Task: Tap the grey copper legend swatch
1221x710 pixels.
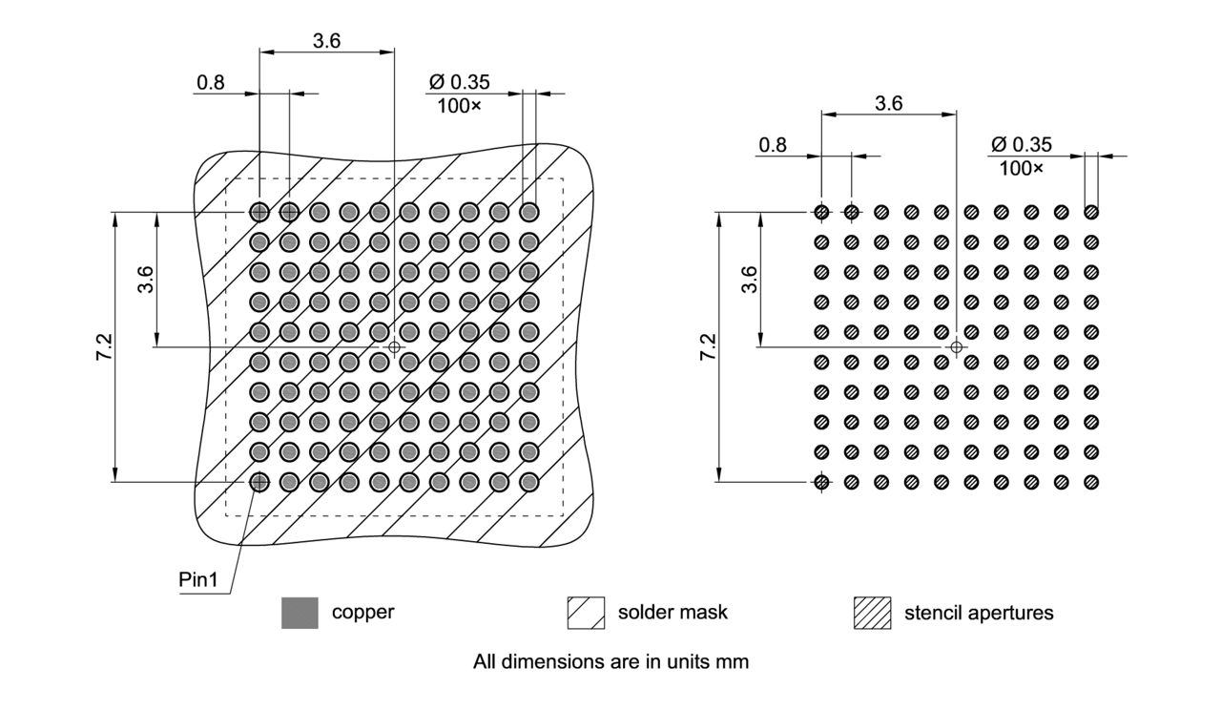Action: tap(300, 613)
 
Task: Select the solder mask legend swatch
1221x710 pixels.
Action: tap(586, 613)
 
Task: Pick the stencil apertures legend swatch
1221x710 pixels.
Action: tap(872, 613)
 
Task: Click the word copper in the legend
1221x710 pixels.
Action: tap(362, 612)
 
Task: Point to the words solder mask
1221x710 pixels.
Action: tap(672, 612)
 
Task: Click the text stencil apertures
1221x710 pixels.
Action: tap(979, 613)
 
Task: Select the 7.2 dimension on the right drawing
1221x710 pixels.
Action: tap(707, 347)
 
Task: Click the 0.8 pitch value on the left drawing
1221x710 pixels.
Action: tap(210, 82)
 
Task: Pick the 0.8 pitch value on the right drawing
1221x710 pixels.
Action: tap(773, 145)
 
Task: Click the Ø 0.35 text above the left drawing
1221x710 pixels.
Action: tap(460, 82)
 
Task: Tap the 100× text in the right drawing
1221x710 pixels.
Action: tap(1021, 168)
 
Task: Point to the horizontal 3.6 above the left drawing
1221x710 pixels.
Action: tap(326, 40)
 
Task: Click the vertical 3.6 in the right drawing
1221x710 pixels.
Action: tap(749, 279)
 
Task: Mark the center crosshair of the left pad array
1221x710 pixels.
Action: tap(394, 346)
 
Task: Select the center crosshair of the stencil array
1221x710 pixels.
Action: tap(957, 346)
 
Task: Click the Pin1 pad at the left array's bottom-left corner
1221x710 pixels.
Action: tap(259, 482)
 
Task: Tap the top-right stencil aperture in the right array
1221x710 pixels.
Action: tap(1091, 212)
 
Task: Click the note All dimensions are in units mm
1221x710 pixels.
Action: tap(610, 661)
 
